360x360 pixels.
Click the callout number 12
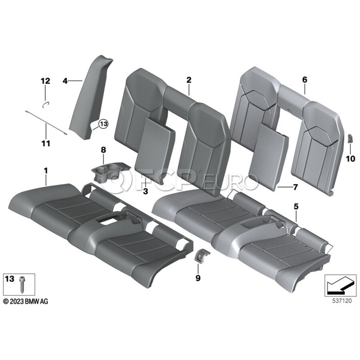coord(45,81)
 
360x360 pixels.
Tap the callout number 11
coord(46,144)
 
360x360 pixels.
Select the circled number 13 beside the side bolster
coord(103,124)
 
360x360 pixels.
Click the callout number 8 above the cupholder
coord(103,150)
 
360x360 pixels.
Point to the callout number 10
coord(350,159)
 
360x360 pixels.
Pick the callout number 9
coord(198,278)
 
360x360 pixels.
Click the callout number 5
coord(296,207)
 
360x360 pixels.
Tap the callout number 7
coord(295,187)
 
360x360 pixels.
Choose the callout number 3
coord(146,191)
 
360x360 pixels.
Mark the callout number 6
coord(304,80)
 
